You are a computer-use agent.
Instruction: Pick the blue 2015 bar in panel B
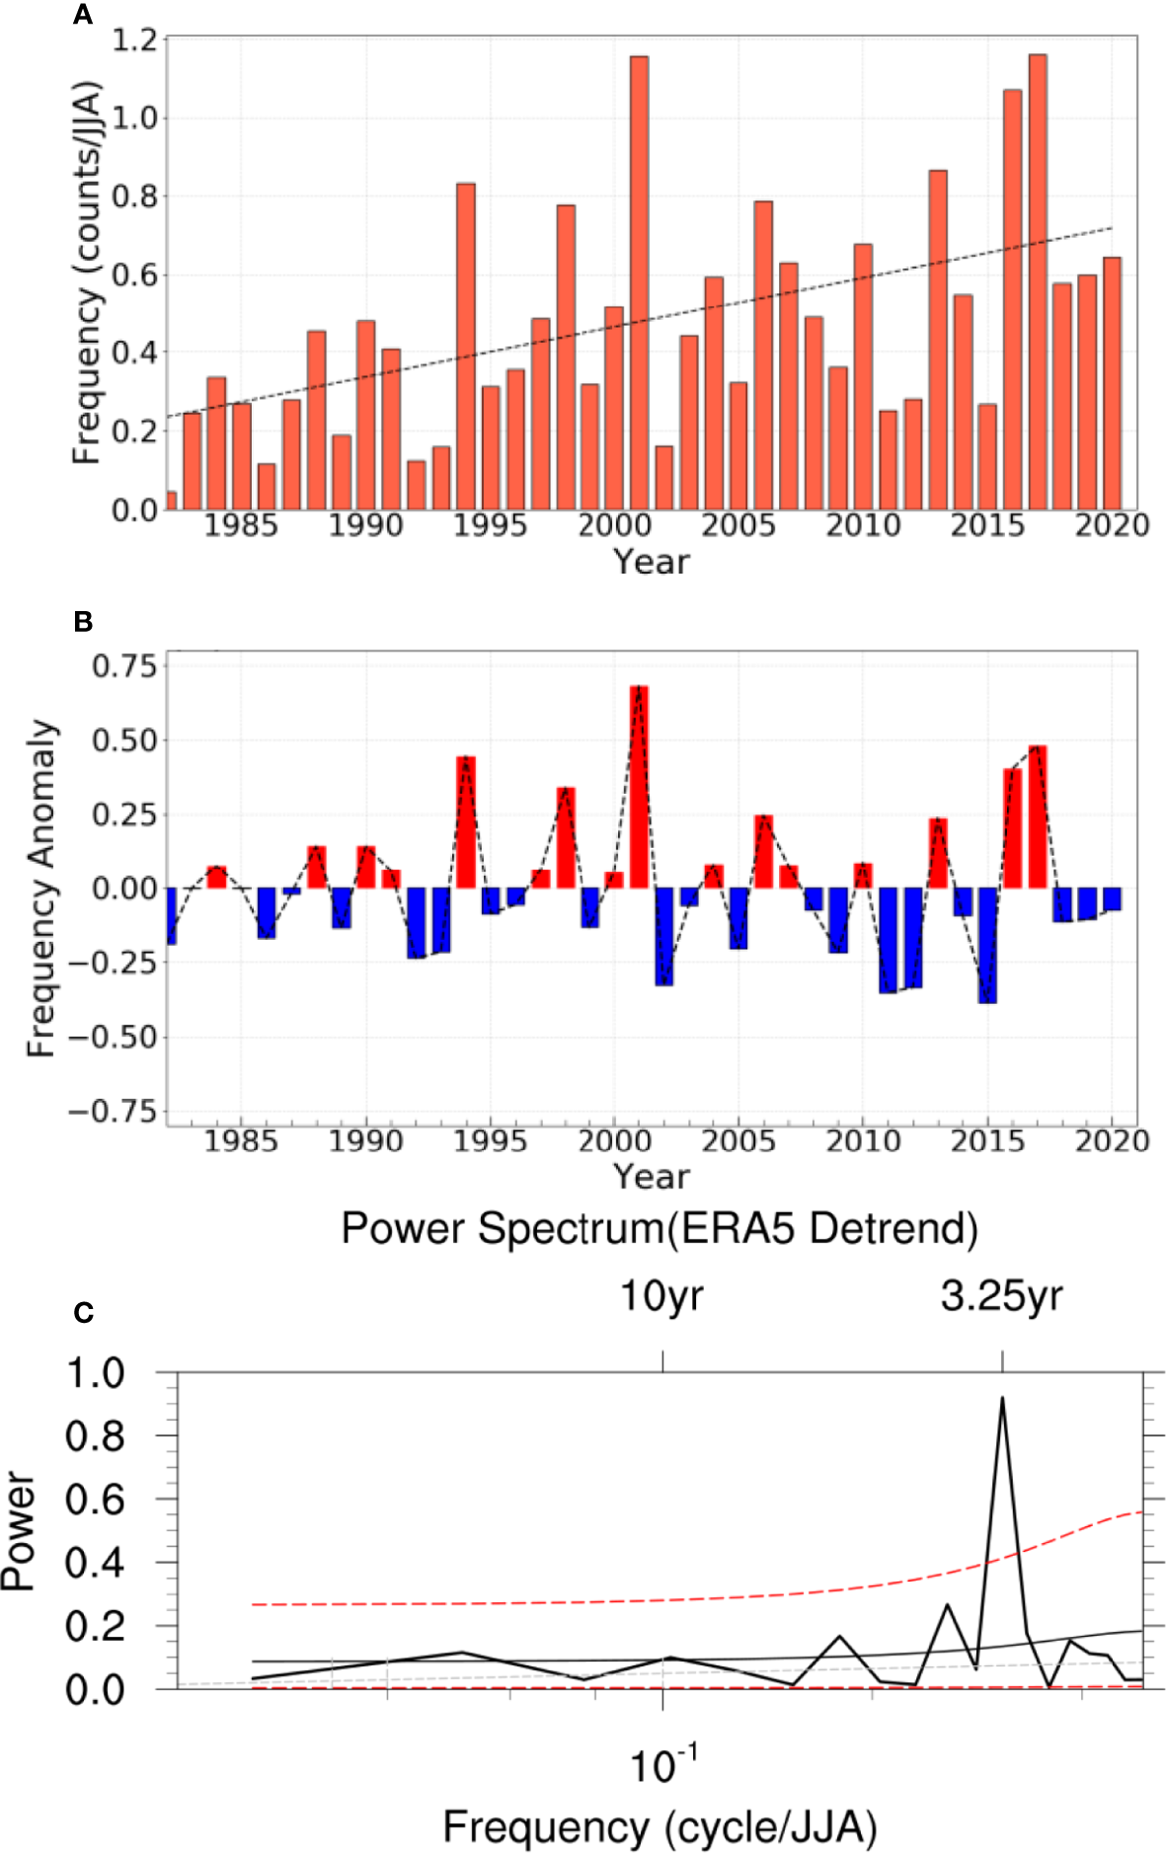[987, 945]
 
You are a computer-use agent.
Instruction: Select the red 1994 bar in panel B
[465, 821]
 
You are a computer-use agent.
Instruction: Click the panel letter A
[83, 15]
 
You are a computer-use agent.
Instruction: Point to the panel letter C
[83, 1312]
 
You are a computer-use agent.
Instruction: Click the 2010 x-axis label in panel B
[863, 1142]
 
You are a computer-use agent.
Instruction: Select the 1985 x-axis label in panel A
[241, 526]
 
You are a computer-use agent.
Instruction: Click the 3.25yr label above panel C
[1001, 1296]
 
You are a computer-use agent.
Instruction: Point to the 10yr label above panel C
[661, 1296]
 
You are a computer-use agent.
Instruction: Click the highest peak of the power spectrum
[1002, 1399]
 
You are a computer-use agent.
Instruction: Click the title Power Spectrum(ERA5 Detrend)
[659, 1229]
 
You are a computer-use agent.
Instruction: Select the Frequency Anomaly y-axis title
[41, 888]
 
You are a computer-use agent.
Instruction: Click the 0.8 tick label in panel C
[95, 1435]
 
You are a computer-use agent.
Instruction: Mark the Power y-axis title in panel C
[18, 1529]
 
